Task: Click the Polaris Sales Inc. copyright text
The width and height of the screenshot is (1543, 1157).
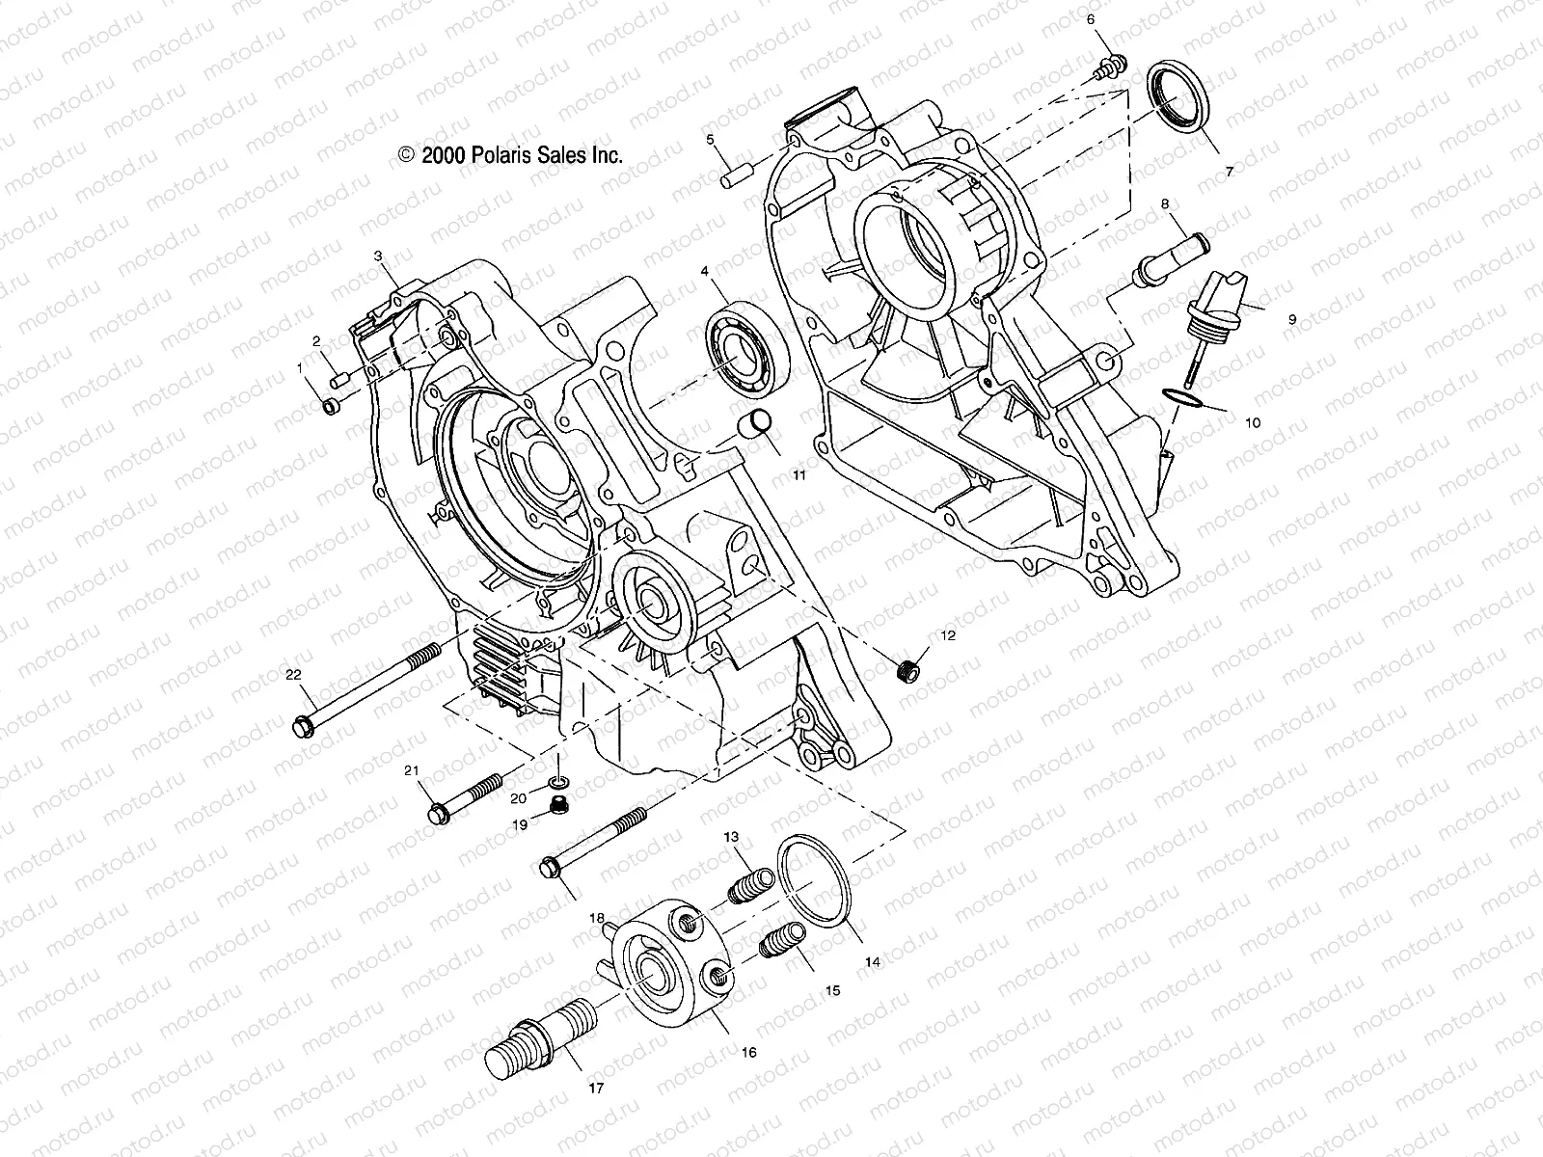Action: pos(510,154)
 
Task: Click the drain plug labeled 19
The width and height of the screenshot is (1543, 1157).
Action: pos(556,805)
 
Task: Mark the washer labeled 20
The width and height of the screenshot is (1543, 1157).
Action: pos(557,781)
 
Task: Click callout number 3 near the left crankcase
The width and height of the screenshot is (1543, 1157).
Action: pos(379,256)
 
